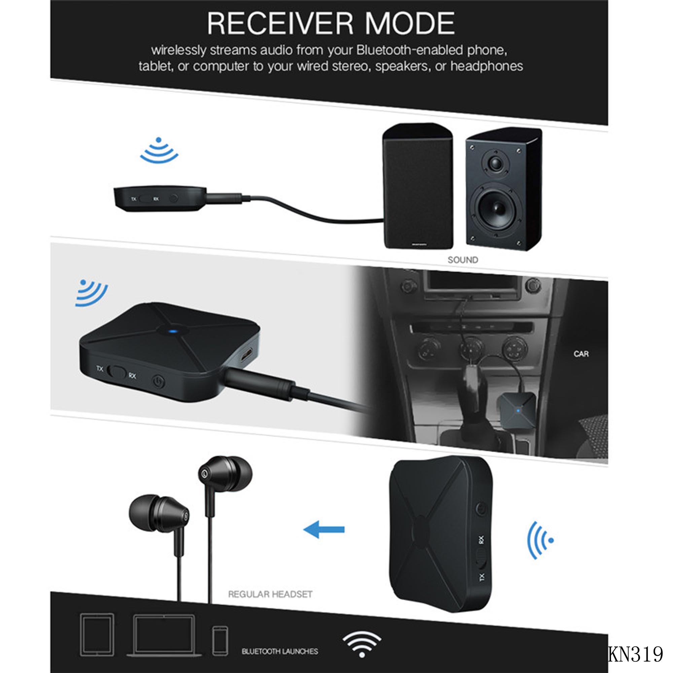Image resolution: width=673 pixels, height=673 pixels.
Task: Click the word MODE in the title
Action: [x=410, y=23]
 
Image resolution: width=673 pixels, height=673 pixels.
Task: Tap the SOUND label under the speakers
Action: [x=463, y=260]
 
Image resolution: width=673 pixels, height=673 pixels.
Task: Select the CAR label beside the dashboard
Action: [x=581, y=354]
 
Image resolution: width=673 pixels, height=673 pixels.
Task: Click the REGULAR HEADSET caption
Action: [x=270, y=594]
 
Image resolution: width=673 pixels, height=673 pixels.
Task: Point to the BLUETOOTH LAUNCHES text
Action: [x=280, y=651]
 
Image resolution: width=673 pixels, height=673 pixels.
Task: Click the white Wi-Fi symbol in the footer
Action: [x=362, y=645]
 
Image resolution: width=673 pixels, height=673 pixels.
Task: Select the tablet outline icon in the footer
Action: [x=97, y=635]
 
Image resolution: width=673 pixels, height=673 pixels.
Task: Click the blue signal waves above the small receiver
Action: [x=159, y=150]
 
